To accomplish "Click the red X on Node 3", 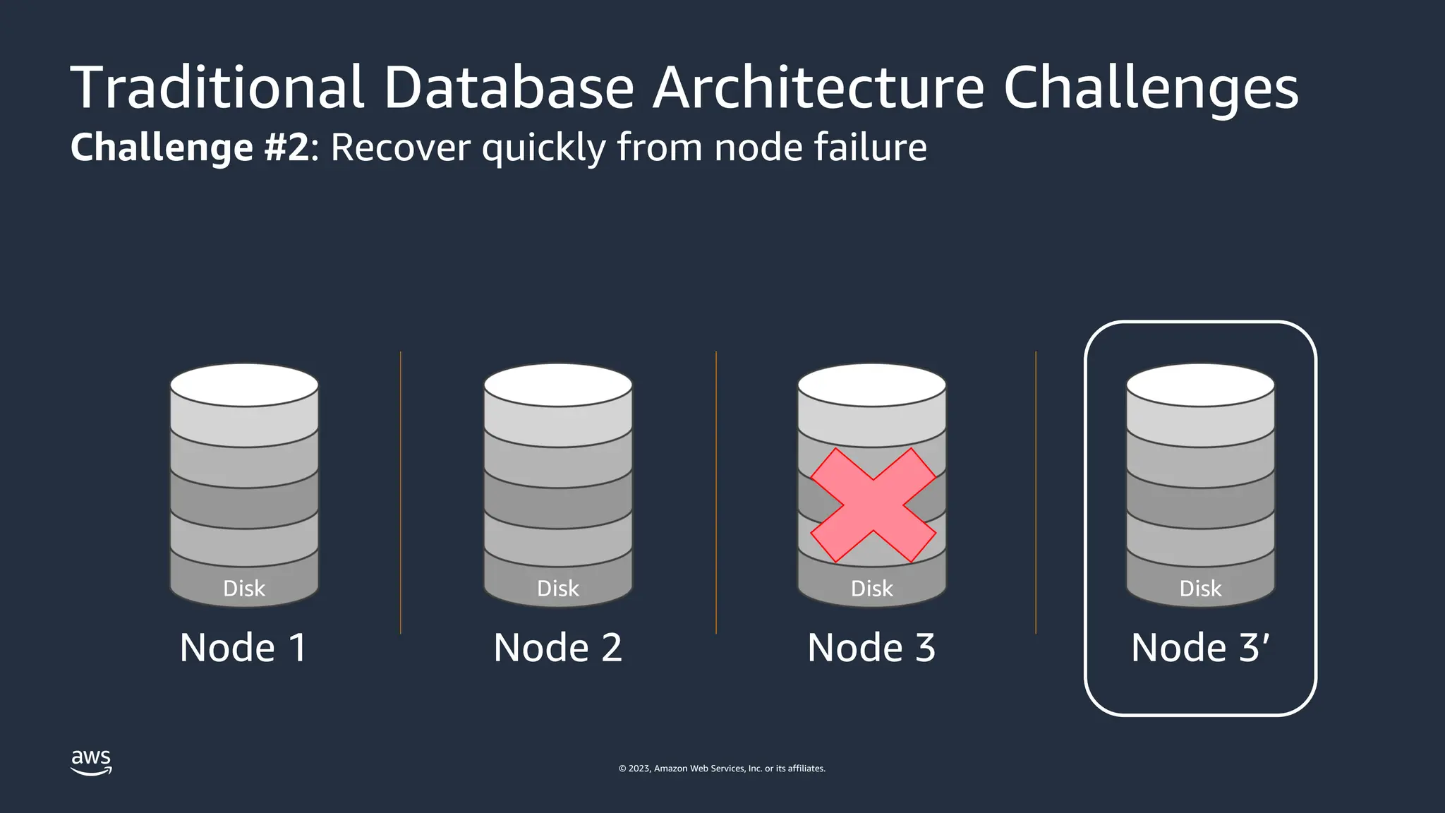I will (x=873, y=505).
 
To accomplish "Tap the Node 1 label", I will (x=243, y=648).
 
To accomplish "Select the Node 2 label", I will (x=557, y=648).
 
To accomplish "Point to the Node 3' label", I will (x=1200, y=648).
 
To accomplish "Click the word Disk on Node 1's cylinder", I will (x=244, y=589).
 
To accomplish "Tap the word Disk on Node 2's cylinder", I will (x=558, y=589).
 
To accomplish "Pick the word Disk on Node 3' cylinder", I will (x=1200, y=589).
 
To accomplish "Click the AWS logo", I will (x=91, y=761).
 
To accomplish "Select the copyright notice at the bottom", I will (x=722, y=769).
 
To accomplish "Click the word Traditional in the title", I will (x=217, y=88).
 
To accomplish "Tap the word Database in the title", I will (x=509, y=88).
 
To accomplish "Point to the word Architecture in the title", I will (x=818, y=88).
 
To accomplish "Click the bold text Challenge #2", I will (x=190, y=147).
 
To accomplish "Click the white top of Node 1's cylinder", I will (x=244, y=385).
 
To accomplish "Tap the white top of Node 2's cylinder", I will (x=558, y=385).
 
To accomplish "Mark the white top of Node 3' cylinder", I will (x=1200, y=385).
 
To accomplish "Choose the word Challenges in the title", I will (x=1151, y=88).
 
